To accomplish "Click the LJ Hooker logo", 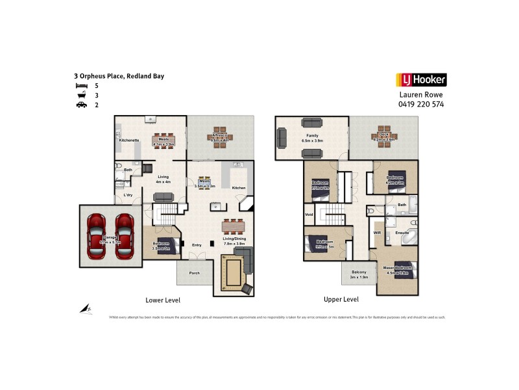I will coord(420,80).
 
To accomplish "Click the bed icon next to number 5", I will coord(81,85).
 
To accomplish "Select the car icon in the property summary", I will coord(81,104).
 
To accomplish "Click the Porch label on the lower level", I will coord(194,273).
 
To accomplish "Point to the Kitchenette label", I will coord(128,140).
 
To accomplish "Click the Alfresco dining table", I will coord(220,137).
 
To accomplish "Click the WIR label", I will coord(377,231).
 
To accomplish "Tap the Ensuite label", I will coord(402,231).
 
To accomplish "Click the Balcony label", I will coord(359,272).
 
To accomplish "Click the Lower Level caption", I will coord(163,300).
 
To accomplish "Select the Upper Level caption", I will coord(341,300).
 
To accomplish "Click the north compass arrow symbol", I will coord(86,310).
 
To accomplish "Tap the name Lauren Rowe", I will coord(420,94).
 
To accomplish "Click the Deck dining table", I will coord(381,137).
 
